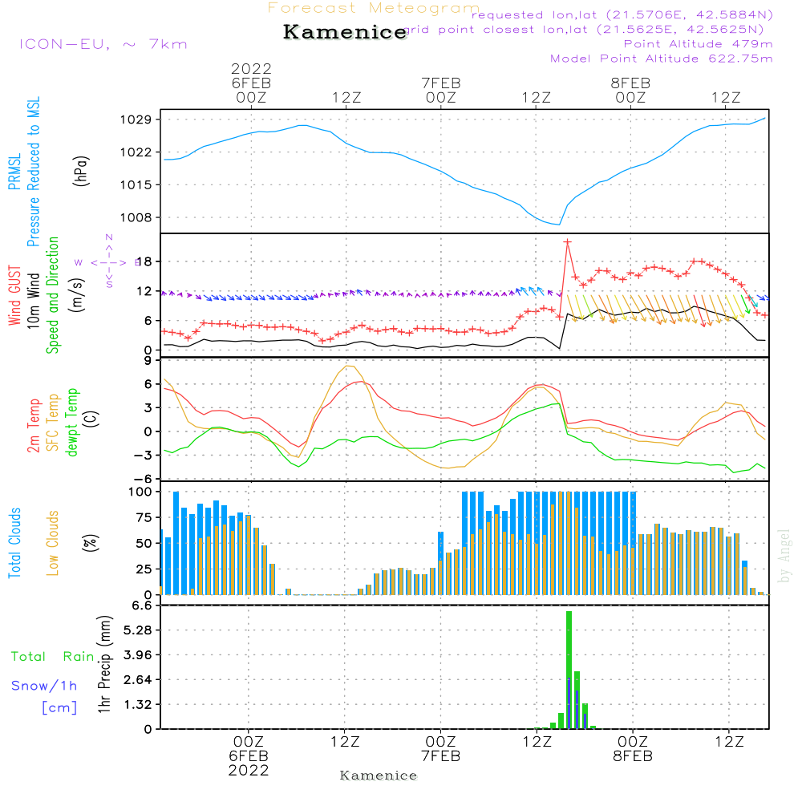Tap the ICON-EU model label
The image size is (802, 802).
[x=103, y=44]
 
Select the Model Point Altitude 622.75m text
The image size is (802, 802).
[x=661, y=59]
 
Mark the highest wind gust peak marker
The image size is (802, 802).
[x=567, y=241]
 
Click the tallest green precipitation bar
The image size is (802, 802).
[x=569, y=670]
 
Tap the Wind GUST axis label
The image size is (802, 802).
[x=14, y=297]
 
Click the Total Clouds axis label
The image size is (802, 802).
[x=14, y=543]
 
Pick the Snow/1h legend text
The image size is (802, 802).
[x=44, y=686]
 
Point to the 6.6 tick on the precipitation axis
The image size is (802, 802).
[x=141, y=606]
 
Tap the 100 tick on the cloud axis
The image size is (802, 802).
[x=139, y=492]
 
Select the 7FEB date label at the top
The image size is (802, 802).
[x=440, y=83]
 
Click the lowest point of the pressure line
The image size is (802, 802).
[x=559, y=225]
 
